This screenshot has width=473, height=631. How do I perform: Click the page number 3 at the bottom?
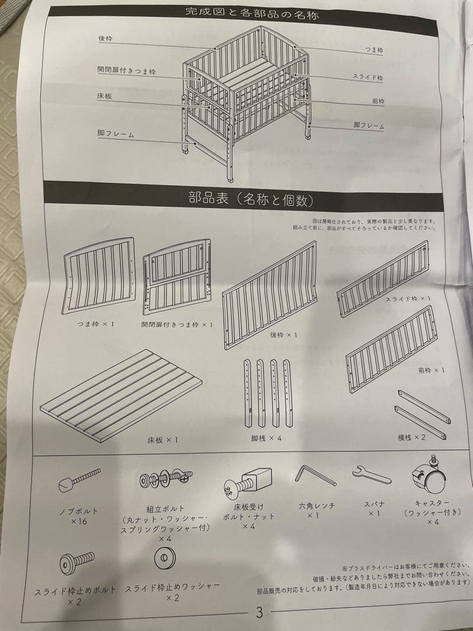260,613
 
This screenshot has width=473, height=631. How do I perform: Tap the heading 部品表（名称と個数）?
251,200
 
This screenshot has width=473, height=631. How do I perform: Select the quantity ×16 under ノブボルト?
79,521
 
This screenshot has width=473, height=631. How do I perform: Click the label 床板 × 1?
162,439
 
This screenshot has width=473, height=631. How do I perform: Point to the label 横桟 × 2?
412,437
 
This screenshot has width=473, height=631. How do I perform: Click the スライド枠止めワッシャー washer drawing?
165,559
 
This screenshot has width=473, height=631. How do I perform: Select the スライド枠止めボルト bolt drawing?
76,562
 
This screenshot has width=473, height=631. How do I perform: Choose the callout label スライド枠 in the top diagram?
367,77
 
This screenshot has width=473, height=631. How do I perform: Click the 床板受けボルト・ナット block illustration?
248,483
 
